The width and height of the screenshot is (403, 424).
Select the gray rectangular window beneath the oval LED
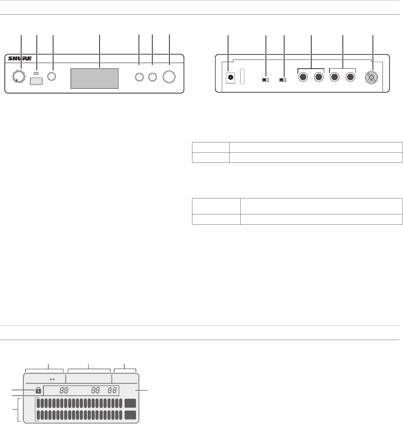click(37, 81)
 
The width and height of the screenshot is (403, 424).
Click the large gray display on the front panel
click(95, 78)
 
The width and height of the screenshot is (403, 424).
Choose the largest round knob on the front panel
click(169, 77)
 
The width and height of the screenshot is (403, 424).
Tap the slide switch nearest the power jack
click(266, 80)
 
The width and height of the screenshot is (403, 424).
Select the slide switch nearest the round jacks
click(283, 80)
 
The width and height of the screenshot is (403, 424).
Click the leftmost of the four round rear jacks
click(303, 77)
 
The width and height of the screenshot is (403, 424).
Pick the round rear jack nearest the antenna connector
click(350, 77)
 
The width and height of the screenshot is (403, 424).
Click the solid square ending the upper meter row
click(130, 404)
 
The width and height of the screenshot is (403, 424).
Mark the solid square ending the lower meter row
click(130, 415)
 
